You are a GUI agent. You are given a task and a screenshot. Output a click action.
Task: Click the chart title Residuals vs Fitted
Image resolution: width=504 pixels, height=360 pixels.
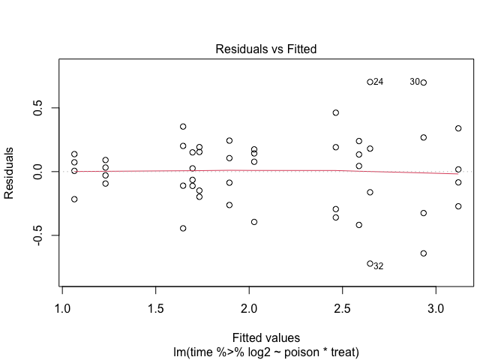266,50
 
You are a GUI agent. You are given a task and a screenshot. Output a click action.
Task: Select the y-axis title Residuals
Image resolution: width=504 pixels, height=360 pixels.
10,172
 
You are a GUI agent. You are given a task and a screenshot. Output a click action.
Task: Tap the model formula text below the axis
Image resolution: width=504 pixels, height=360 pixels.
266,350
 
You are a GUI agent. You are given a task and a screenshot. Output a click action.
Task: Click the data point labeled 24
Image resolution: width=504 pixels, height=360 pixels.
370,82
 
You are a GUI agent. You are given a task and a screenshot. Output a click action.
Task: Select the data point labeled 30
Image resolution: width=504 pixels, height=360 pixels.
424,82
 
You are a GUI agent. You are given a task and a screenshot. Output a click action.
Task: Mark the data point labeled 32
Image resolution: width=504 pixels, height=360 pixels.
370,264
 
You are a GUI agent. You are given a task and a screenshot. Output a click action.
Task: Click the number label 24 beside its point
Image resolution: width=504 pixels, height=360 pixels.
379,82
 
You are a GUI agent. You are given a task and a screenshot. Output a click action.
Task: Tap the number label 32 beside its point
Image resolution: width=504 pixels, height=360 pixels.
379,266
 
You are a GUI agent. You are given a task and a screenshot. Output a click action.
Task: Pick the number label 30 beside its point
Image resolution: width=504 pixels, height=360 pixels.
415,82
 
